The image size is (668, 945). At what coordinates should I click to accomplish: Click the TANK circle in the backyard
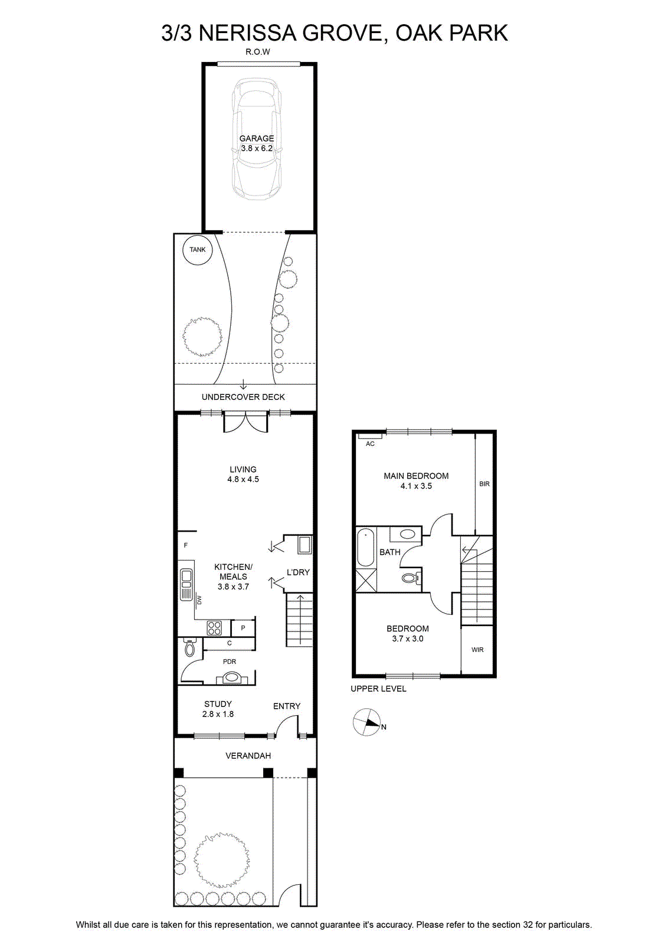[197, 250]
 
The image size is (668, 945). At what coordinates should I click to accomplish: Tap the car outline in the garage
[257, 139]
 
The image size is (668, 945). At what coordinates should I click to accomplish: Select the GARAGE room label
[257, 138]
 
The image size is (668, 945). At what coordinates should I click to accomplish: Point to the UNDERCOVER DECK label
[243, 397]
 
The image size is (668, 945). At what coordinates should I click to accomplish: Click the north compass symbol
[366, 722]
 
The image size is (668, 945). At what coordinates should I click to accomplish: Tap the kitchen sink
[186, 584]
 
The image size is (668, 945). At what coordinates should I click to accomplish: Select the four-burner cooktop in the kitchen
[214, 628]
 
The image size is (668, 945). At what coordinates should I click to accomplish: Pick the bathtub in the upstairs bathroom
[365, 547]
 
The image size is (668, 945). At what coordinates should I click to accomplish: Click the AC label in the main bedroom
[370, 444]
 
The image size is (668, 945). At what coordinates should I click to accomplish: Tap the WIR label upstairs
[477, 650]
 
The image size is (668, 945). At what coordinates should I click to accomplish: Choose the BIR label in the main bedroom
[484, 484]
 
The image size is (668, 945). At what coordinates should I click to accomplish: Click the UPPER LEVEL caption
[378, 689]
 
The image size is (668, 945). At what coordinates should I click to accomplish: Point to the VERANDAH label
[248, 755]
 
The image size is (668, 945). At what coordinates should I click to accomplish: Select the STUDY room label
[218, 704]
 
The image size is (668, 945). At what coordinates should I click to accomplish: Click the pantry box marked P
[243, 628]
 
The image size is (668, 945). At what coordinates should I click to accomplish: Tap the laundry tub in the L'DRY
[304, 545]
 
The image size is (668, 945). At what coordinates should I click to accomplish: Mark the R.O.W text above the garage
[258, 52]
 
